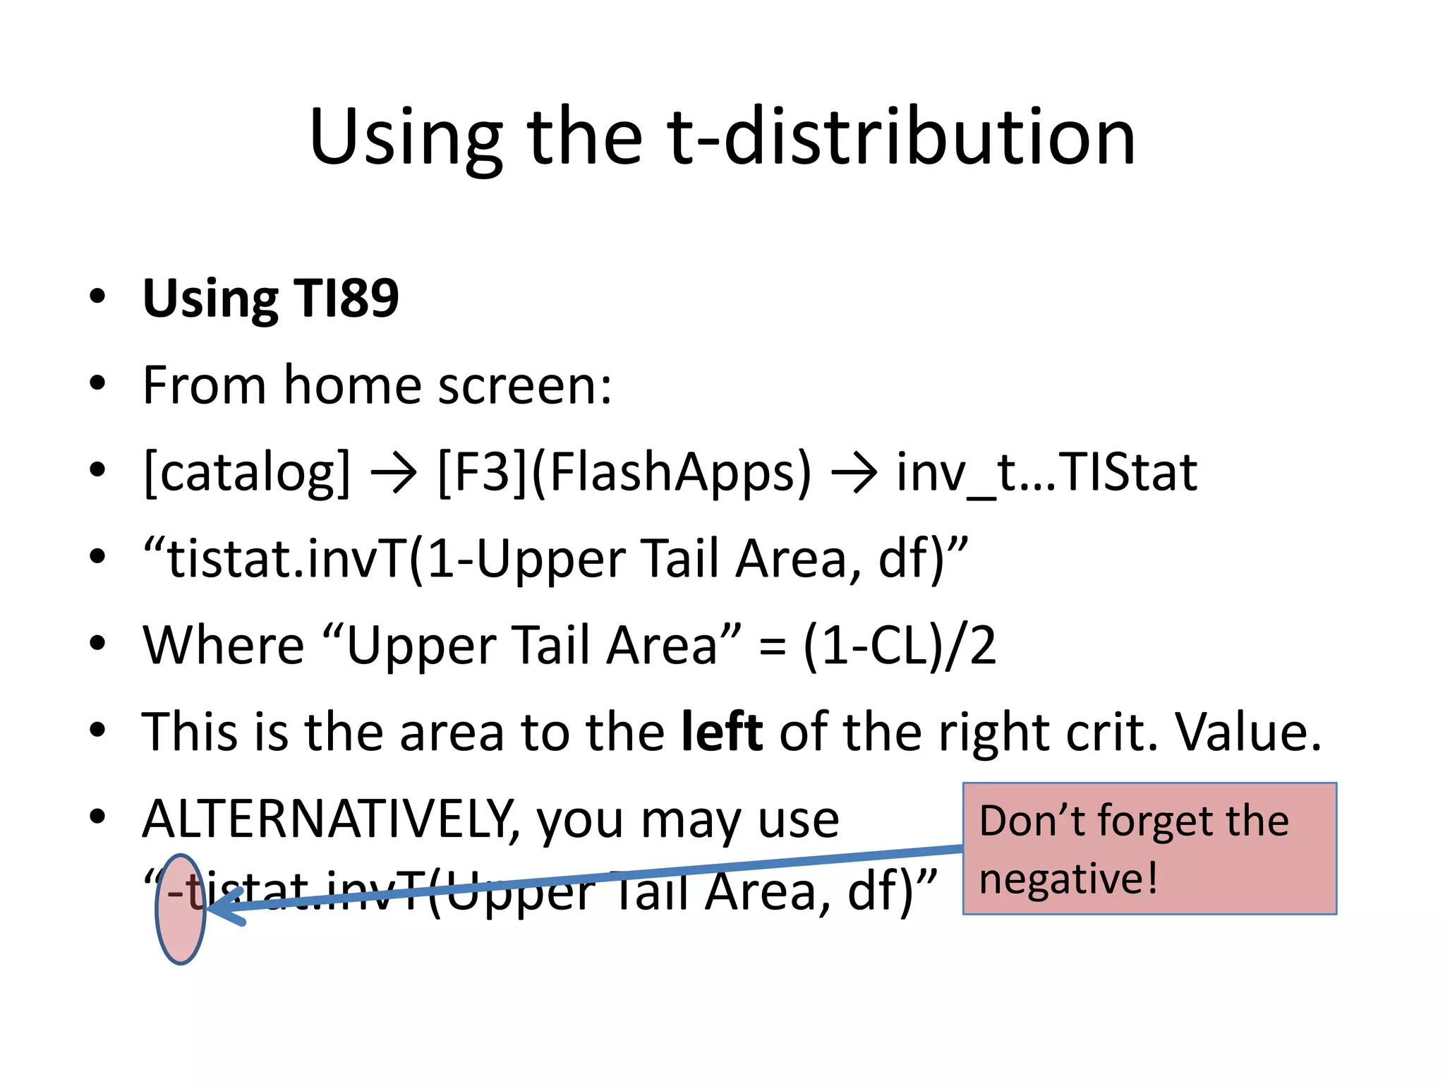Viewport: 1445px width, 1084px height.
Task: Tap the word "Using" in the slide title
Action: (406, 138)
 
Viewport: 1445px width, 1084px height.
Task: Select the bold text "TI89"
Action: (346, 298)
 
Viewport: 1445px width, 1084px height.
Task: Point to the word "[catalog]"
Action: (247, 472)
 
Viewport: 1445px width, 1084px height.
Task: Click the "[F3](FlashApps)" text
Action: (624, 472)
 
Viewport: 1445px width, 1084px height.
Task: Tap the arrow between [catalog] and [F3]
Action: (394, 474)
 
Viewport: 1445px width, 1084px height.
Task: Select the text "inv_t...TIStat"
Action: (1046, 472)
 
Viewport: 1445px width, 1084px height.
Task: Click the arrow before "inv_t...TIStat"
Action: (854, 474)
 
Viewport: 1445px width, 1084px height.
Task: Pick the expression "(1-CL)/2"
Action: (900, 645)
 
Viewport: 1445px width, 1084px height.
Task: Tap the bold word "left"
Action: (721, 732)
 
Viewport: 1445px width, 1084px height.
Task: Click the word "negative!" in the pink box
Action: (1068, 879)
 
